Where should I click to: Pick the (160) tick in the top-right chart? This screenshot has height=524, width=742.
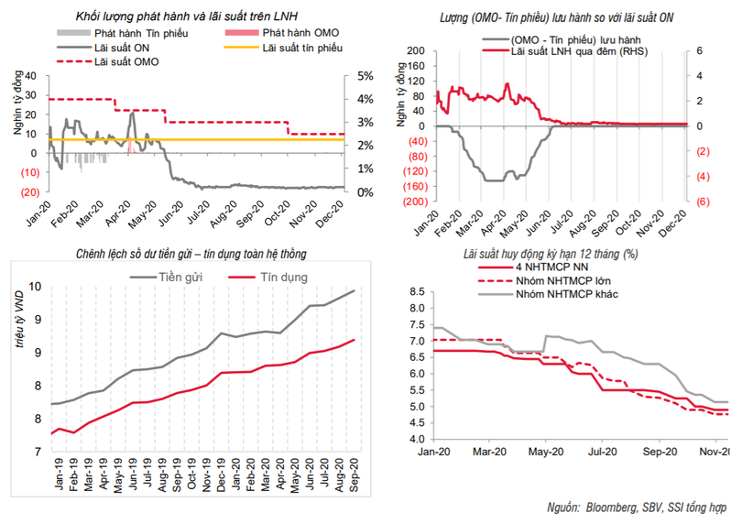[x=418, y=187]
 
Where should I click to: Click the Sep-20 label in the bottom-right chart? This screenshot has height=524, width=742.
[x=659, y=452]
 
